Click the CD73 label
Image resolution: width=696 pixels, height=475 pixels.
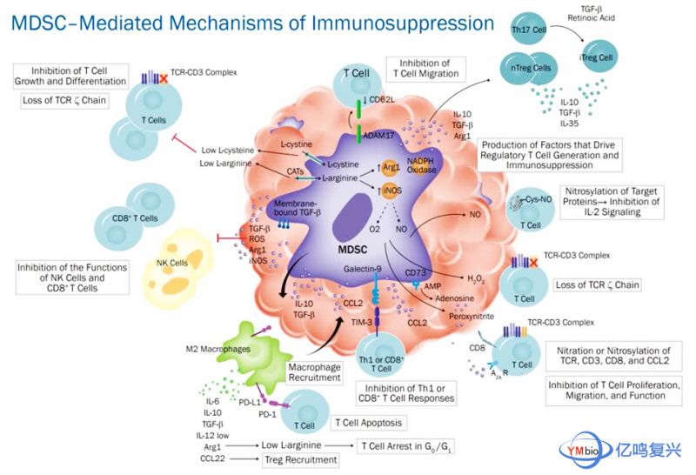pos(416,272)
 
